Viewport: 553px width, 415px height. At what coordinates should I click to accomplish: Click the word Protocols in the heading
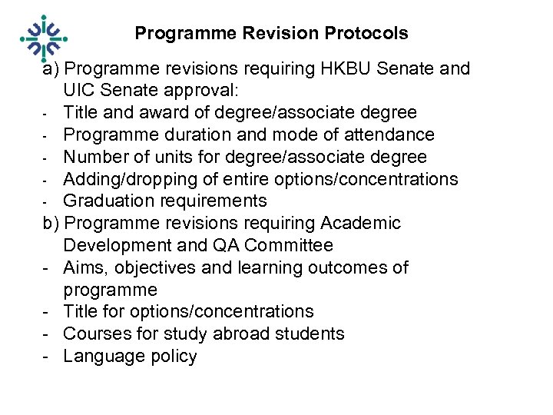point(366,34)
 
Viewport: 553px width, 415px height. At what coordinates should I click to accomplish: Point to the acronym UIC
point(80,91)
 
